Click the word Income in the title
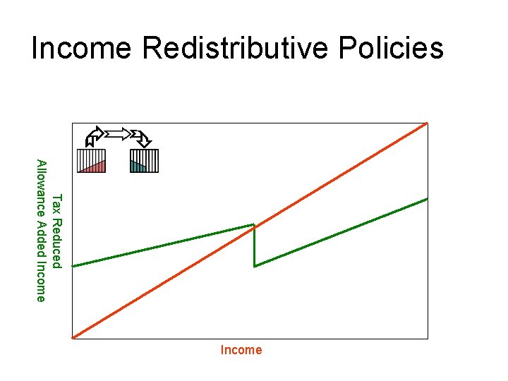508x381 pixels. point(81,49)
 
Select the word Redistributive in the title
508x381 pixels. point(234,49)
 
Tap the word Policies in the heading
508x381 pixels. point(391,49)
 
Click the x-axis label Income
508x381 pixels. point(241,350)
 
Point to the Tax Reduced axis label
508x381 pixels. point(59,231)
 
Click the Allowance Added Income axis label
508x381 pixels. point(42,231)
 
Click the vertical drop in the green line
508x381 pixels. point(255,246)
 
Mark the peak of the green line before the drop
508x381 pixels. point(254,225)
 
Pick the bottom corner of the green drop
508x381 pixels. point(255,266)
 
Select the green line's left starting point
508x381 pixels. point(73,266)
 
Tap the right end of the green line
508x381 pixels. point(427,199)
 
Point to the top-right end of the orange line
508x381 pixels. point(426,123)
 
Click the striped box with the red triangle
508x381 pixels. point(91,161)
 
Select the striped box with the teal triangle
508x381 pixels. point(145,161)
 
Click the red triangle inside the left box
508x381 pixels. point(96,168)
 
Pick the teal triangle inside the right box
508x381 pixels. point(136,168)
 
